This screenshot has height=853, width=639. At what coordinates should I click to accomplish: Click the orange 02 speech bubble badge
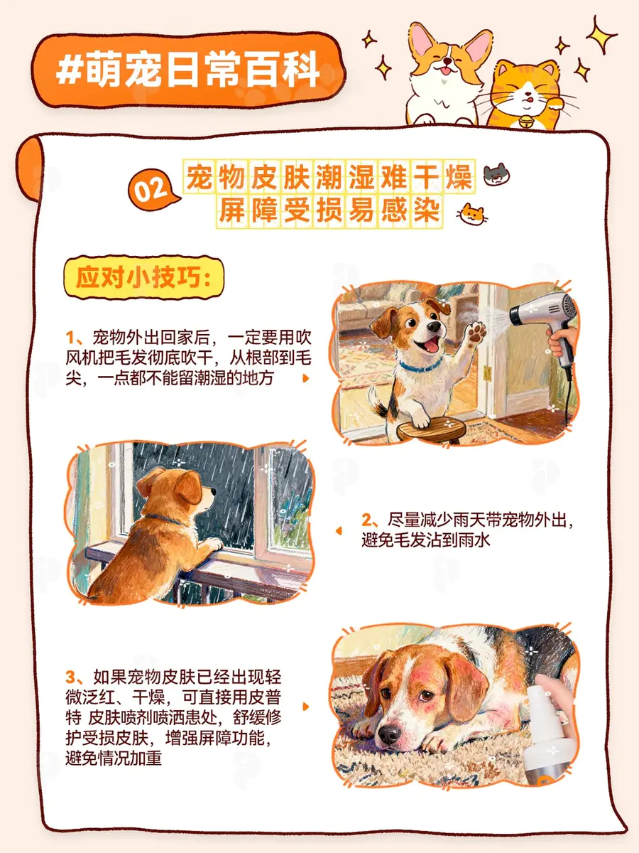pos(153,190)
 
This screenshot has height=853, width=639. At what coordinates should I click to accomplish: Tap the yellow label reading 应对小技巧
pos(144,277)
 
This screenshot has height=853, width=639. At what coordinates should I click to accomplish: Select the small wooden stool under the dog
pos(432,430)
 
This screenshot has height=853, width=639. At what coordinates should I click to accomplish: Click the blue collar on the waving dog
pos(420,366)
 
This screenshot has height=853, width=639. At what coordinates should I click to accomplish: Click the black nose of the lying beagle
pos(389,733)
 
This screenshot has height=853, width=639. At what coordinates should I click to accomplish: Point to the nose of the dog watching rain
pos(213,492)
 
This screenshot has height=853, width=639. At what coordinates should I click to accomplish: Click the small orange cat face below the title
pos(474,215)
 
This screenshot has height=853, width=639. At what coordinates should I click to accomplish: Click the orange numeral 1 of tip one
pos(70,338)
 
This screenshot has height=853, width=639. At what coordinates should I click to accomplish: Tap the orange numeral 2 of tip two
pos(366,520)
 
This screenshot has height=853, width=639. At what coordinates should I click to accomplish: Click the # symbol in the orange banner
pos(69,70)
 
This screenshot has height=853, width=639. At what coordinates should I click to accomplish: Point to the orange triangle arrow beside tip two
pos(339,530)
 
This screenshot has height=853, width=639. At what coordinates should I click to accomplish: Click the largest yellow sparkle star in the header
pos(600,35)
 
